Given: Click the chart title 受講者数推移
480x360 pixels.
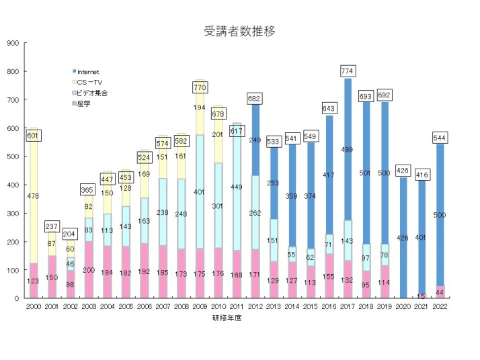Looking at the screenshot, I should coord(239,31).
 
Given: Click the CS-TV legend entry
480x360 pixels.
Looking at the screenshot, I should coord(91,81).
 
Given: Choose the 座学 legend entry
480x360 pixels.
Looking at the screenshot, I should coord(83,103).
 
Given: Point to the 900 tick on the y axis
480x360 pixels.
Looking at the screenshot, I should coord(13,43).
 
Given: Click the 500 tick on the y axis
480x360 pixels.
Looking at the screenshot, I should coord(13,156).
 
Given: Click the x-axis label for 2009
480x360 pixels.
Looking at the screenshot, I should coord(200,307).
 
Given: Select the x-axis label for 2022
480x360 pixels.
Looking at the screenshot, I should coord(440,307).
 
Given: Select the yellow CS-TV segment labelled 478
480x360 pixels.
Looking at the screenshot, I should coord(34,195).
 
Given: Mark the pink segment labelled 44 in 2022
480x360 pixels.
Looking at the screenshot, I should coord(440,292).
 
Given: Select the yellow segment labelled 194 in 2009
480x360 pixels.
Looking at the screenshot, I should coord(200,107).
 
